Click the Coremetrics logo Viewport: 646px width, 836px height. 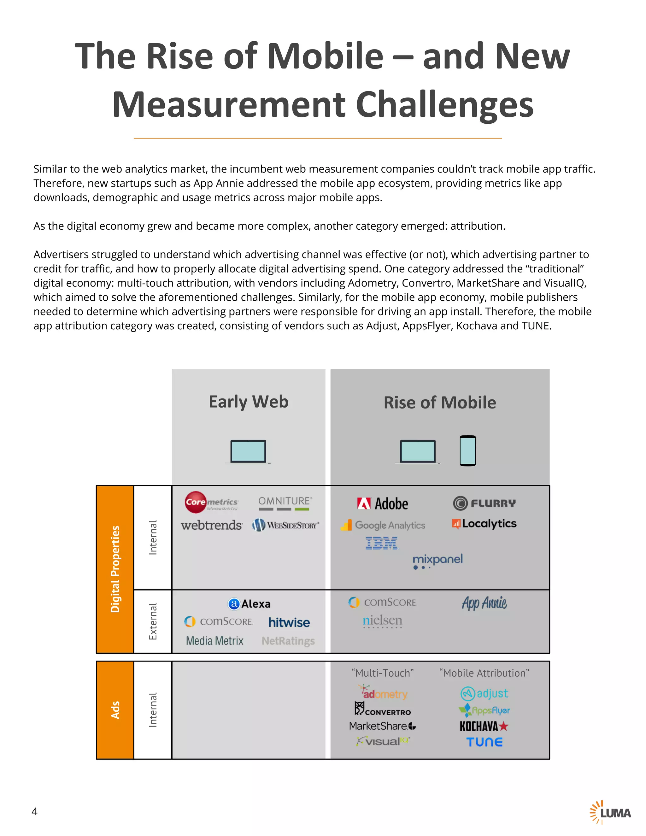211,502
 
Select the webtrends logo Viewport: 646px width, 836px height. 211,525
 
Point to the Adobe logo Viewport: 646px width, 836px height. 382,503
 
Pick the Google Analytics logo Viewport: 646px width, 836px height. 383,525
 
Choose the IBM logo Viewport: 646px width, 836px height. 382,543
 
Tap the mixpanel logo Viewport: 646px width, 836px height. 438,561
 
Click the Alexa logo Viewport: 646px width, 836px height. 249,603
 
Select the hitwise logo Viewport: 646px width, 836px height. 289,622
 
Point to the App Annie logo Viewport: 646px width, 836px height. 484,603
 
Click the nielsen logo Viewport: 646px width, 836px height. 382,621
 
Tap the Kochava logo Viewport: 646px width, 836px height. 484,726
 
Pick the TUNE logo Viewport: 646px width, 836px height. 484,742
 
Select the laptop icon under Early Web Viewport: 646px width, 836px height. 248,452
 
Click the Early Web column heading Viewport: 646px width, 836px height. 248,402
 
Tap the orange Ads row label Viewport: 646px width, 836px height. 115,710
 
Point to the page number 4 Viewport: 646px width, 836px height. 34,811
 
